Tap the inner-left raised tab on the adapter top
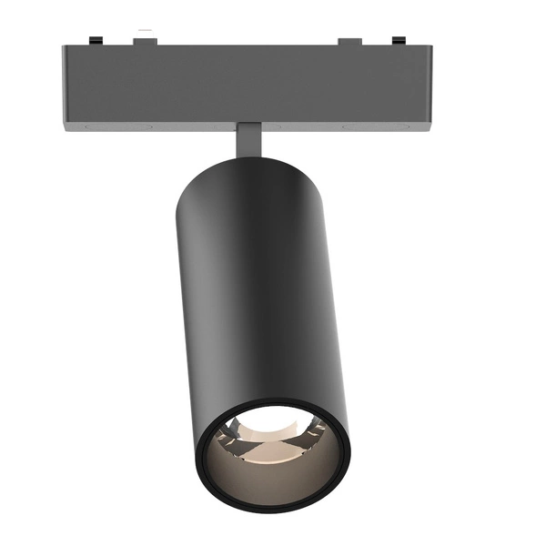pyautogui.click(x=146, y=40)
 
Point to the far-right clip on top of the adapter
pyautogui.click(x=398, y=39)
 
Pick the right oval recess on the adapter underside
pyautogui.click(x=359, y=127)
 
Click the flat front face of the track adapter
pyautogui.click(x=246, y=86)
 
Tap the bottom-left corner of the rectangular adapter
pyautogui.click(x=66, y=128)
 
